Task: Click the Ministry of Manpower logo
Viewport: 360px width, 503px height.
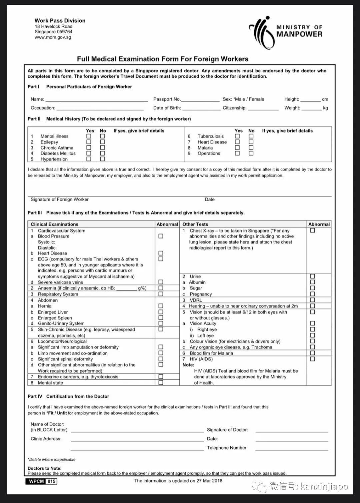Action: pos(286,32)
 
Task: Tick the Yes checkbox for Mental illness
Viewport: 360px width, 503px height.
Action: pos(89,136)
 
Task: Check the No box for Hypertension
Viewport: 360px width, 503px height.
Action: pos(103,159)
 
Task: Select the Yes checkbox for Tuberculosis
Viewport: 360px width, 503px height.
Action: pos(237,136)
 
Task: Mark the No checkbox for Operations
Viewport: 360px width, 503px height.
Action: pos(251,153)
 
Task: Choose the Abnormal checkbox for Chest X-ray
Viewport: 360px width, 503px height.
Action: pos(312,231)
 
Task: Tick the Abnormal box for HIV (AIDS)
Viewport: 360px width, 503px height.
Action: pos(312,359)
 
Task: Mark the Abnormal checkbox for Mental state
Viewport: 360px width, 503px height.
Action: pos(161,383)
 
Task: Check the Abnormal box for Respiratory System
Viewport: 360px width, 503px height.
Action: pos(161,294)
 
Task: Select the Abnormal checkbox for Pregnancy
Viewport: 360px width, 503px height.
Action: pos(312,294)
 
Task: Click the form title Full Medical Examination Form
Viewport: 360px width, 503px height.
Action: pos(163,59)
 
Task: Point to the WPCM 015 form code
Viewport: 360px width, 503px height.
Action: pos(41,481)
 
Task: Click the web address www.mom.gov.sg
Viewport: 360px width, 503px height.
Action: pos(53,37)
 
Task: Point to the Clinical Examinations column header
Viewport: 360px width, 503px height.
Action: pos(55,224)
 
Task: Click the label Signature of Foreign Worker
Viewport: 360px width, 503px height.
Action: pos(60,200)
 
